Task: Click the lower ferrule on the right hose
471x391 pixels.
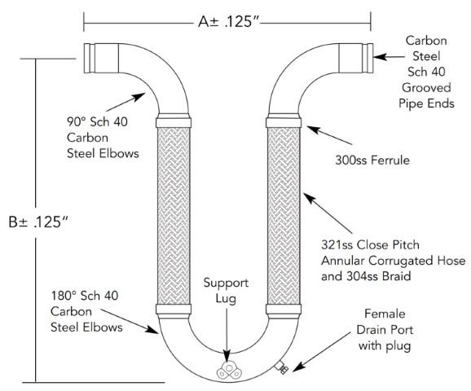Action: pyautogui.click(x=284, y=310)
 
